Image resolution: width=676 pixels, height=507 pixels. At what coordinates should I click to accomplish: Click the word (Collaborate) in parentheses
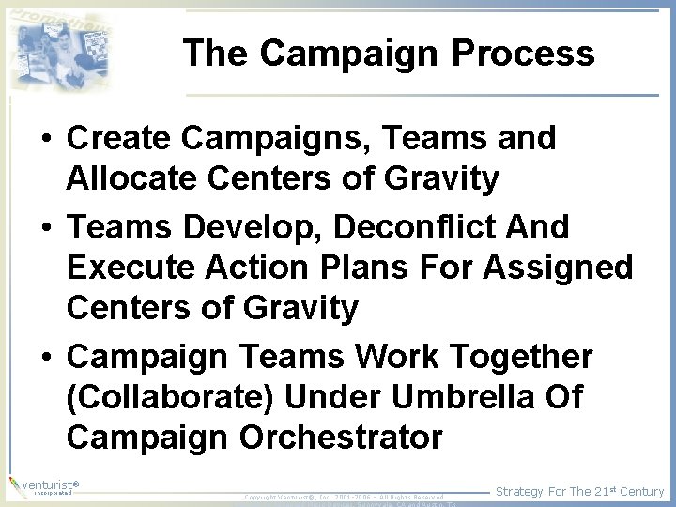tap(171, 397)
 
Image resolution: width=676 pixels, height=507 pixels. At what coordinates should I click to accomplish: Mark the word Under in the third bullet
tap(332, 397)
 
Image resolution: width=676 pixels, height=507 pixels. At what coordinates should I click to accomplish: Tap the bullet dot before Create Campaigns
tap(45, 139)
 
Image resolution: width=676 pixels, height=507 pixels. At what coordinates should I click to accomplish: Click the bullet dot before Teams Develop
tap(45, 228)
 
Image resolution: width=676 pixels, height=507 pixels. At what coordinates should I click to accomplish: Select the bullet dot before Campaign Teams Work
tap(45, 358)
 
